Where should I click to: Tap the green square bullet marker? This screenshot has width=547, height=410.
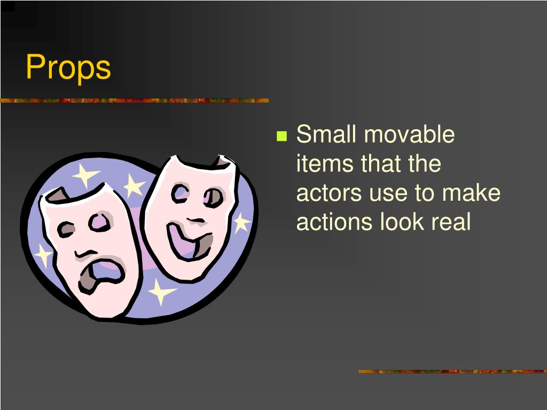click(x=282, y=136)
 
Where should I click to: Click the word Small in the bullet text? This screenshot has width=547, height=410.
click(x=326, y=134)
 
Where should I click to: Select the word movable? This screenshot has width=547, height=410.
click(x=409, y=134)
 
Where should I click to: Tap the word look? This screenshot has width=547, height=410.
click(x=400, y=222)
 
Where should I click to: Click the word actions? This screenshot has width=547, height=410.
click(x=334, y=222)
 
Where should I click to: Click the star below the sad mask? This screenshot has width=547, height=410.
click(x=160, y=291)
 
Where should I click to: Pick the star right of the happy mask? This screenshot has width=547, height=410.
click(x=241, y=223)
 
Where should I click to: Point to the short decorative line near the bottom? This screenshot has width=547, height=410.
click(x=452, y=371)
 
